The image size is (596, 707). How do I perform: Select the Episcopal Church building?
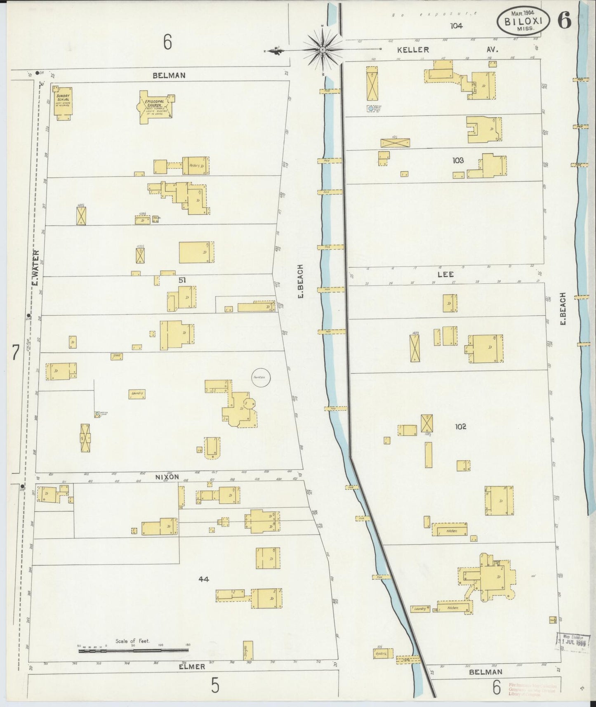pos(155,106)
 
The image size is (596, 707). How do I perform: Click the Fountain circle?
pos(261,377)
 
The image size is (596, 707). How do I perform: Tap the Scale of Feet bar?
pos(133,651)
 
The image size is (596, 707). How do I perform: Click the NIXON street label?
pos(167,477)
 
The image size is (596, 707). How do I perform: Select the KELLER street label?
pos(413,50)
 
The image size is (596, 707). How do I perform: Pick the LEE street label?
pos(448,274)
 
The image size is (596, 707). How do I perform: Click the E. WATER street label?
pos(35,268)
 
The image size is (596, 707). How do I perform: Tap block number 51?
pos(182,280)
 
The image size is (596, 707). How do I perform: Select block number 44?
pos(203,579)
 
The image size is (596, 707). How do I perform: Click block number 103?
pos(458,160)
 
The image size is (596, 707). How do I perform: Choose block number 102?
pos(460,427)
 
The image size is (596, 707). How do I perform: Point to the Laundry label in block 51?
pos(137,394)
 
